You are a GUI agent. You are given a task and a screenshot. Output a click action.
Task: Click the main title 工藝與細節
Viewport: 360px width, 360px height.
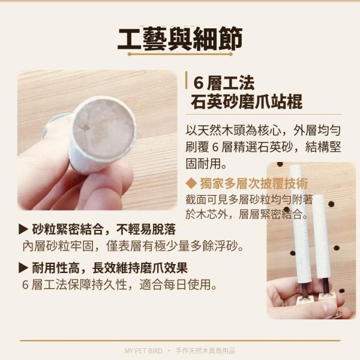pyautogui.click(x=180, y=39)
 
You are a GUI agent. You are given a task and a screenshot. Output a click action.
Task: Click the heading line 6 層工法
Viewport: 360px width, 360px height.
pyautogui.click(x=224, y=83)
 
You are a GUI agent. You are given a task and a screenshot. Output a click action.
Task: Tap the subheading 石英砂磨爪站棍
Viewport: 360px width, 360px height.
pyautogui.click(x=247, y=101)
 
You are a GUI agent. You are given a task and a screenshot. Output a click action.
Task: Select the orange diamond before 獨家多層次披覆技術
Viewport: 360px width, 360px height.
pyautogui.click(x=191, y=183)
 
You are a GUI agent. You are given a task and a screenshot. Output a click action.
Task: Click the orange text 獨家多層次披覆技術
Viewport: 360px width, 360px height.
pyautogui.click(x=254, y=183)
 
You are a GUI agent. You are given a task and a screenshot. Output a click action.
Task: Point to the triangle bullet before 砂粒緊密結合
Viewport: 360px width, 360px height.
pyautogui.click(x=23, y=229)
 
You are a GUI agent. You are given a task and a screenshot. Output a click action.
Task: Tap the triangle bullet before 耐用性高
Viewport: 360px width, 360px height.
pyautogui.click(x=23, y=268)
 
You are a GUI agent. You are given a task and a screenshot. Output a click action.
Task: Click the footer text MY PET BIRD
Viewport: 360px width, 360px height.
pyautogui.click(x=143, y=351)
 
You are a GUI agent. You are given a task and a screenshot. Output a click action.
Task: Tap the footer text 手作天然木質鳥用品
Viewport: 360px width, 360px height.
pyautogui.click(x=205, y=351)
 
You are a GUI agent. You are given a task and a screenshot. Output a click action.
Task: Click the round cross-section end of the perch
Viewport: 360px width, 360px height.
pyautogui.click(x=104, y=130)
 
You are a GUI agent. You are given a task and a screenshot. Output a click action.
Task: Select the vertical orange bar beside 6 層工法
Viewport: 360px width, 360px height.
pyautogui.click(x=187, y=80)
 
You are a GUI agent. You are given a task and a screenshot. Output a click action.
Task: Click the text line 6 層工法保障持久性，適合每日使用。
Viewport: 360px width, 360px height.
pyautogui.click(x=119, y=284)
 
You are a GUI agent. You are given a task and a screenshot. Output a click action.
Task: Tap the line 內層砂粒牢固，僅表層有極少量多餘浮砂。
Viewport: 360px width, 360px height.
pyautogui.click(x=133, y=246)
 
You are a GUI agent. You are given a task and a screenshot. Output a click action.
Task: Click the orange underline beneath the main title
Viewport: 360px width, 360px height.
pyautogui.click(x=180, y=54)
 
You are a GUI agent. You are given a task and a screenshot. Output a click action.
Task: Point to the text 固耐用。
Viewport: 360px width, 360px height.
pyautogui.click(x=206, y=163)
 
